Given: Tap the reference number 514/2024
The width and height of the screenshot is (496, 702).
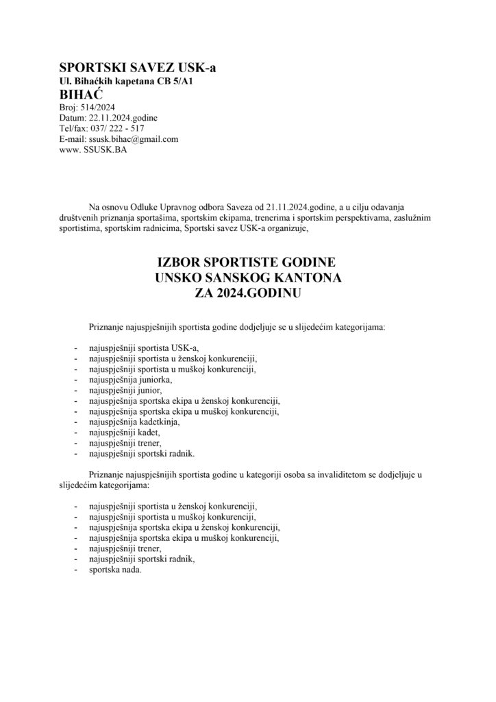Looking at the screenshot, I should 101,107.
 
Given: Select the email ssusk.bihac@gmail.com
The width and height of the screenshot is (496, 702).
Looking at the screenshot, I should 134,138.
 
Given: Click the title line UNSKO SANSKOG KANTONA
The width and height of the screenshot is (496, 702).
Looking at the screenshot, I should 247,279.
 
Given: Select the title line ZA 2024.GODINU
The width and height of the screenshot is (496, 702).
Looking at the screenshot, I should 247,294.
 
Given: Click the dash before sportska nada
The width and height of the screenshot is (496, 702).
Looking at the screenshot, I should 75,570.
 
